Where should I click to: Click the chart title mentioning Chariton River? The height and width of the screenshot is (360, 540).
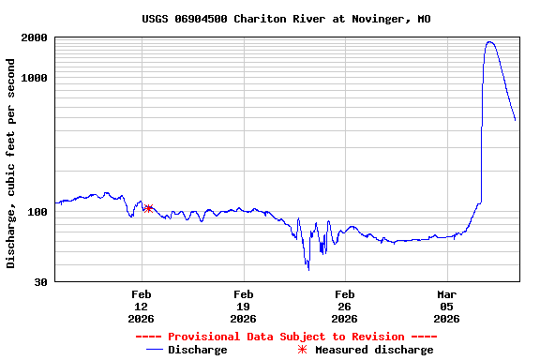(286, 19)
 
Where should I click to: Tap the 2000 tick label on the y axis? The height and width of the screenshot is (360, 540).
(35, 37)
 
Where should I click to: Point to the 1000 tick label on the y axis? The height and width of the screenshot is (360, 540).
(35, 78)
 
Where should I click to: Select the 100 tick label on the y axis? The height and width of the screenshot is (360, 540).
(37, 212)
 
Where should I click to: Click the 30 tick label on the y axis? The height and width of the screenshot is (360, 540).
(41, 282)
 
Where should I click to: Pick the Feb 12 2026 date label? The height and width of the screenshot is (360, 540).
(142, 306)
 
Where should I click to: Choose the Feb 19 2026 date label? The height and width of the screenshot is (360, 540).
(243, 306)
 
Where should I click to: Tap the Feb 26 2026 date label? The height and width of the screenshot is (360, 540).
(344, 306)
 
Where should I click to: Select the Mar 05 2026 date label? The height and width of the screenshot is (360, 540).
(446, 306)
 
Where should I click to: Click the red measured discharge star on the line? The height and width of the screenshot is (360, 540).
(148, 208)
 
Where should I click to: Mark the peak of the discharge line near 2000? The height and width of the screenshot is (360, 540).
(489, 41)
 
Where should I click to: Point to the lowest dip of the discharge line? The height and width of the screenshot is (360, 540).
(307, 269)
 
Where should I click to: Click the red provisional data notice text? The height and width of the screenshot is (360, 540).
(286, 337)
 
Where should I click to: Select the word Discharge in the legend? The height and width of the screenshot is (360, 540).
(198, 350)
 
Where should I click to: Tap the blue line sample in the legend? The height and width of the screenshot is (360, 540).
(156, 350)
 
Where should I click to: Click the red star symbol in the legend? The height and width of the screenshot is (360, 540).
(302, 350)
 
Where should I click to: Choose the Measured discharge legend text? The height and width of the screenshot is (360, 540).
(373, 350)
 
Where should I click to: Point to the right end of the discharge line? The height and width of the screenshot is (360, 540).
(515, 120)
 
